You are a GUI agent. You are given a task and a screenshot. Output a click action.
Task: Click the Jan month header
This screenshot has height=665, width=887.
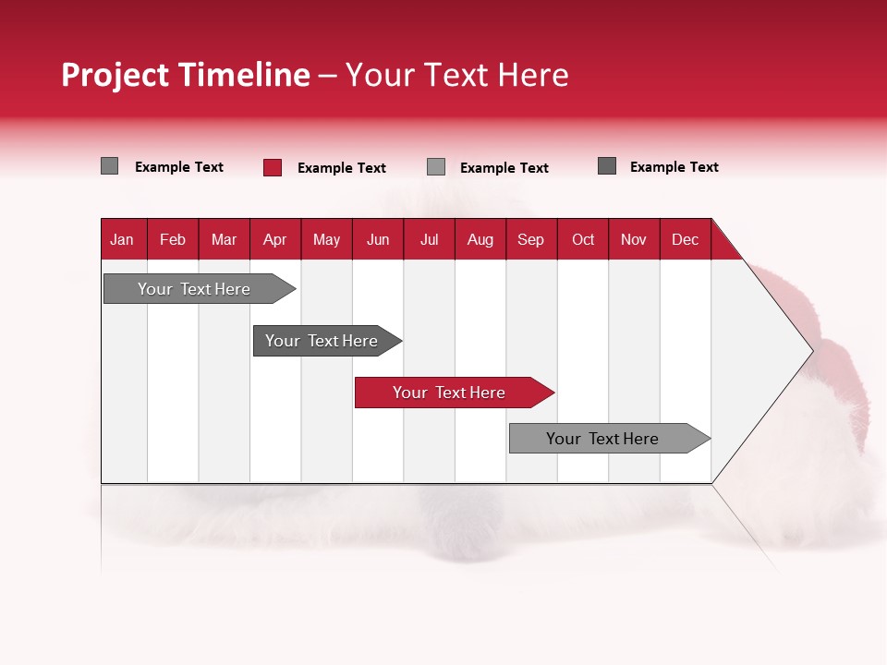123,239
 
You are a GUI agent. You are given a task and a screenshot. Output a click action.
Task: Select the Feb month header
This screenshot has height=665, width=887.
173,239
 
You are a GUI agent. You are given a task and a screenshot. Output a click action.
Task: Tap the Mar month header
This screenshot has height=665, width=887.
224,239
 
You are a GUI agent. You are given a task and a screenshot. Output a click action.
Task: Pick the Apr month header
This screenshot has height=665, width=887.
275,239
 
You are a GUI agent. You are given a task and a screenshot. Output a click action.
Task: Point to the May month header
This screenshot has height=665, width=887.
326,239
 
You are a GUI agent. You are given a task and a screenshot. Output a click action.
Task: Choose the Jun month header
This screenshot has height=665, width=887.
378,239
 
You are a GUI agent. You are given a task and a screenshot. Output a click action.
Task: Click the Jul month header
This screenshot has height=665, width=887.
429,239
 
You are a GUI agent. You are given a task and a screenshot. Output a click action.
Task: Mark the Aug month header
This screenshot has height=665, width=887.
480,239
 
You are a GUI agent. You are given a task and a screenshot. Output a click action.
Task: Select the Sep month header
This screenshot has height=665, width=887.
531,239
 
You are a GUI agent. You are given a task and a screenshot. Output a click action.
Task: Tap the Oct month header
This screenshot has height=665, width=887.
583,239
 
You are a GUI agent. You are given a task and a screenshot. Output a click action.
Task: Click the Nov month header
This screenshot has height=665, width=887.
634,239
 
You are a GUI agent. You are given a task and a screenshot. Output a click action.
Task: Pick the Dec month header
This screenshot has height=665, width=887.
686,239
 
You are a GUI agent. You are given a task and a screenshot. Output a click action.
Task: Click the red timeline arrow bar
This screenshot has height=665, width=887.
453,393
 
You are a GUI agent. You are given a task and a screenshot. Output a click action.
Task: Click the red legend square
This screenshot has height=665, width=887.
273,167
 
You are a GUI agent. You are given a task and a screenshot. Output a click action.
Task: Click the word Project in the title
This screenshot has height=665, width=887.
114,75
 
